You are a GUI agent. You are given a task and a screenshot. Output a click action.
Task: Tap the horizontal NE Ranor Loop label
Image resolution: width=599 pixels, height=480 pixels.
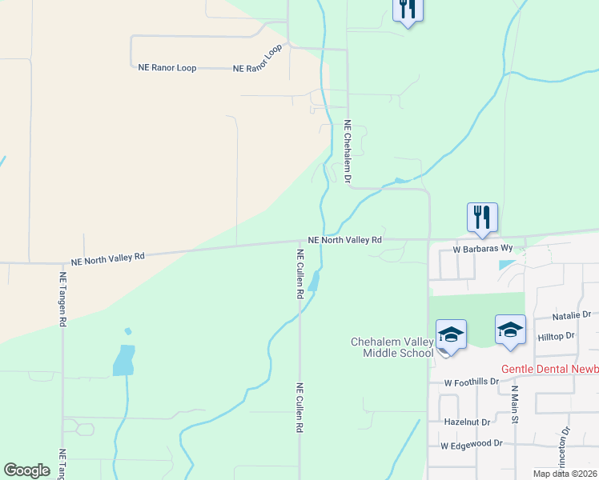click(167, 68)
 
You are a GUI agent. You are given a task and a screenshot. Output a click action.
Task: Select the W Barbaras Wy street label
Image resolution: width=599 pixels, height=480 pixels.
click(481, 250)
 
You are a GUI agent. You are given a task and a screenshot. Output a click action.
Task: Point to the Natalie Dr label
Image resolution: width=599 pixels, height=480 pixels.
click(571, 315)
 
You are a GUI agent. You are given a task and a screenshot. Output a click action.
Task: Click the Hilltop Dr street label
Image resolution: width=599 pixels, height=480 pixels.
click(557, 338)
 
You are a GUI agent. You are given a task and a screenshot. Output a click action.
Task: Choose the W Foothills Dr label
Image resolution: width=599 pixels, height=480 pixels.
click(475, 382)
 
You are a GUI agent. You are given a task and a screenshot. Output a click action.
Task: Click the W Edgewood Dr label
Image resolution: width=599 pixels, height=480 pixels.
click(470, 443)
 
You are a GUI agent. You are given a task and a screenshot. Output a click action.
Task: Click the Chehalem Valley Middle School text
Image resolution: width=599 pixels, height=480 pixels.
click(392, 348)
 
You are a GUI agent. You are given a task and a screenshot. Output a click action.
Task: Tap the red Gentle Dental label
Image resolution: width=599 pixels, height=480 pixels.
click(549, 370)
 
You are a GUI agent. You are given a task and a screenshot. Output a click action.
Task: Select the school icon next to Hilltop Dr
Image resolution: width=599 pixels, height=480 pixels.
click(510, 330)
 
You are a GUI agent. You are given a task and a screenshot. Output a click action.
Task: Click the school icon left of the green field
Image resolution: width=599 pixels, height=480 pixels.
click(451, 335)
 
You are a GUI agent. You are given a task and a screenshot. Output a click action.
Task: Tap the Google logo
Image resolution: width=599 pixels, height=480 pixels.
click(26, 470)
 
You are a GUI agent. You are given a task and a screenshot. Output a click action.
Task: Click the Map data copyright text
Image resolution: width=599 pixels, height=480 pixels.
click(565, 474)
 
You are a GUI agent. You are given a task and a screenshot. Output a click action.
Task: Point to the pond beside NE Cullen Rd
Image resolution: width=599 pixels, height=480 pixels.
click(315, 281)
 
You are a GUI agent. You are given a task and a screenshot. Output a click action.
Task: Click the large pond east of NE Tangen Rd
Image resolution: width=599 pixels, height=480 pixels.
click(123, 359)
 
